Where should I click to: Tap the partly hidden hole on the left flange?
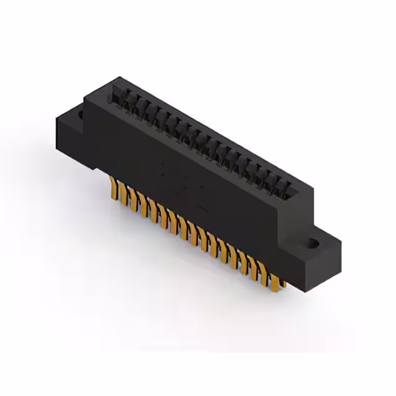80,114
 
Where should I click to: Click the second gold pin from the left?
121,191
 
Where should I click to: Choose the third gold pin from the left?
131,197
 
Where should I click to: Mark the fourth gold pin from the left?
142,202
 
